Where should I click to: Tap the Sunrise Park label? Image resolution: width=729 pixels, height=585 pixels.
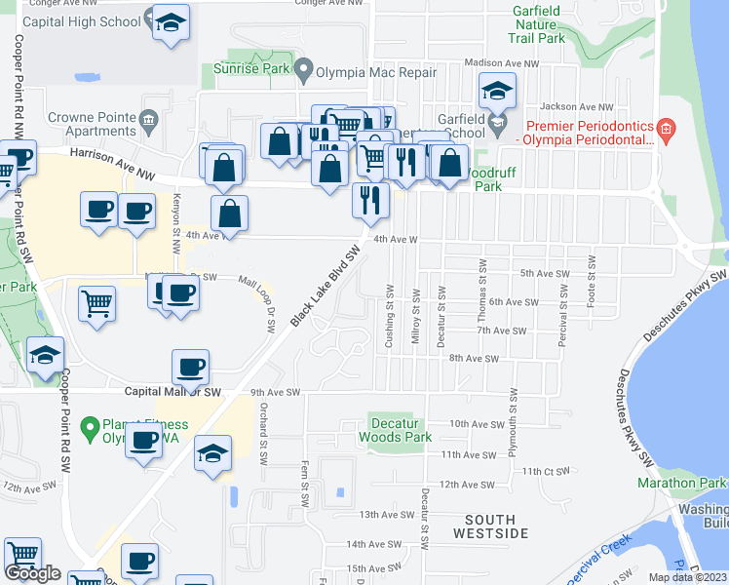(251, 69)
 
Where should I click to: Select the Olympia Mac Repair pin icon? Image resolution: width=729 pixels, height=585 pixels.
(304, 69)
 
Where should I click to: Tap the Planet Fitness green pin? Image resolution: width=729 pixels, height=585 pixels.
(89, 426)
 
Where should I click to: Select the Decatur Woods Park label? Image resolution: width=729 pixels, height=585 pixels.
(401, 430)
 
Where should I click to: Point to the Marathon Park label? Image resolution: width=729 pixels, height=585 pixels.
(681, 483)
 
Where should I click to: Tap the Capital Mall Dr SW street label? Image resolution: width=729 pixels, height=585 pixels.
(173, 392)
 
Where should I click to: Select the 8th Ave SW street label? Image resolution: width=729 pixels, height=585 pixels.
(474, 359)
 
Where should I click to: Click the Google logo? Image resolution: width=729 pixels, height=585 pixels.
(32, 572)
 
